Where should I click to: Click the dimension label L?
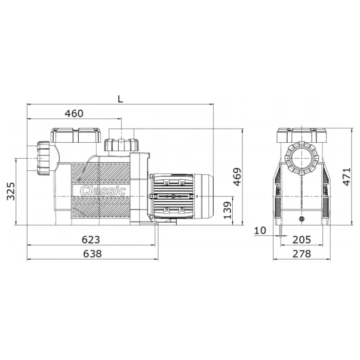click(121, 99)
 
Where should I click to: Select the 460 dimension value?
click(74, 113)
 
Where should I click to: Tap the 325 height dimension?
click(11, 191)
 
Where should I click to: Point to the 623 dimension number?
click(91, 239)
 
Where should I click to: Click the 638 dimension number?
click(92, 254)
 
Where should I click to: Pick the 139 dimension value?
click(227, 210)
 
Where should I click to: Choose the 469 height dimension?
click(237, 177)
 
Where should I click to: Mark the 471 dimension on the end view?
click(346, 177)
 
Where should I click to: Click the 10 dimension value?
click(260, 230)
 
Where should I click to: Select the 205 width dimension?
click(301, 239)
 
